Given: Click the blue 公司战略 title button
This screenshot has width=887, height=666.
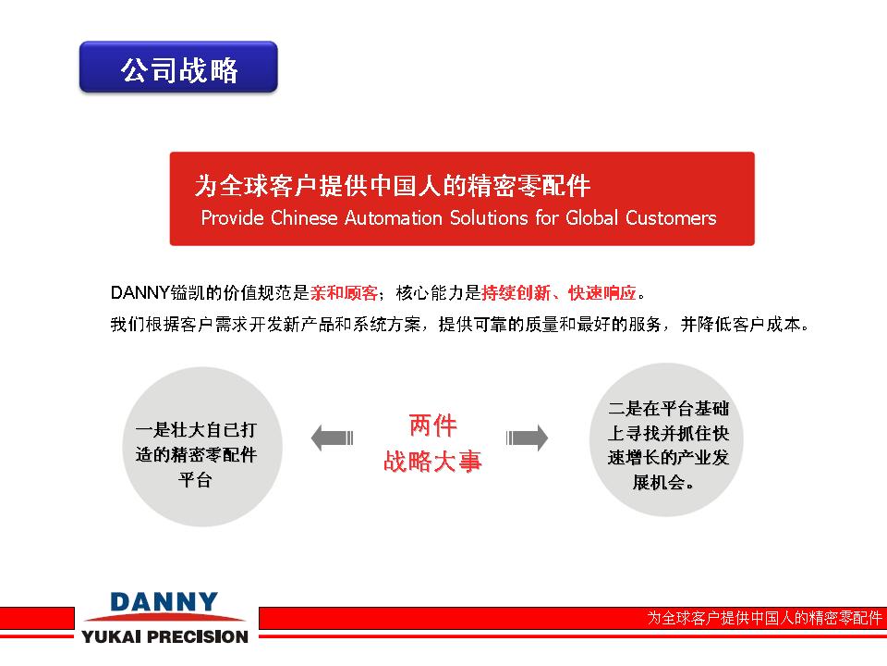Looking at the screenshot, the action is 178,67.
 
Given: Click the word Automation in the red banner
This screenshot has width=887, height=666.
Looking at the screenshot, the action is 394,218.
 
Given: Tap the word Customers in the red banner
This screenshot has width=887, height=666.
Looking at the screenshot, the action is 671,218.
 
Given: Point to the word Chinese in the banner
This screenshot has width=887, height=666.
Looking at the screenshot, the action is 304,218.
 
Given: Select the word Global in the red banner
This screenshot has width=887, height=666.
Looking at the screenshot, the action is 591,218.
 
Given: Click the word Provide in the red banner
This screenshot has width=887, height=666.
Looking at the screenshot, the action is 233,218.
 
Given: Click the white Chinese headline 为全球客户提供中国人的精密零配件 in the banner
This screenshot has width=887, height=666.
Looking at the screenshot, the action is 392,185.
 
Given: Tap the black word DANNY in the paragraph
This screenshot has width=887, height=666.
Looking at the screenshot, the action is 140,293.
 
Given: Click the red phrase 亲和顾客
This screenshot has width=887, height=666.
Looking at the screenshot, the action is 344,293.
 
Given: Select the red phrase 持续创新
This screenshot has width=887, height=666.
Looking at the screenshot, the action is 516,293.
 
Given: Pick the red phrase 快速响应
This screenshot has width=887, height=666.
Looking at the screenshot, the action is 601,293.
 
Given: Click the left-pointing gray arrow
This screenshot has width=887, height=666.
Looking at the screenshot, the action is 332,438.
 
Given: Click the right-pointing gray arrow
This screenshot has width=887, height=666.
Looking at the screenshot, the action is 527,438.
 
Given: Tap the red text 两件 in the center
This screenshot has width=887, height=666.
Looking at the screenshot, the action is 432,425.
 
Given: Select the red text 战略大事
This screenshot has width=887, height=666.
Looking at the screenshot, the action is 432,461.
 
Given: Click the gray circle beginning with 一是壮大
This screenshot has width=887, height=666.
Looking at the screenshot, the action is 202,447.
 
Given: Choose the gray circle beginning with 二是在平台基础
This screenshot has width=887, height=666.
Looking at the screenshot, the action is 666,439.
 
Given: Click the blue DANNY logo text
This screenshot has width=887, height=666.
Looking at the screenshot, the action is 164,601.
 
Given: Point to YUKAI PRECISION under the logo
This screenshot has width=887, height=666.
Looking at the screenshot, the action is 164,636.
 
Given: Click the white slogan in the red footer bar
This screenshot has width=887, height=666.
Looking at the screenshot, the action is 764,617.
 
